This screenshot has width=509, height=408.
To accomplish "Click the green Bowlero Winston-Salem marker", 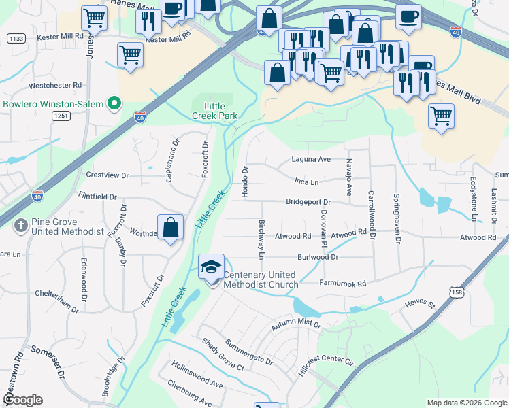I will (x=114, y=104).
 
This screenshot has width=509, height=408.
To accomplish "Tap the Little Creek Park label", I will (x=221, y=111).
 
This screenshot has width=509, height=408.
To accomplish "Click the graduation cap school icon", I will (x=211, y=267).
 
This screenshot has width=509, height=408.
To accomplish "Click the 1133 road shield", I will (x=17, y=39).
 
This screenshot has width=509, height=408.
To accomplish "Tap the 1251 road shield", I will (x=61, y=116).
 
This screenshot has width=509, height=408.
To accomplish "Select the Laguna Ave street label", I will (x=311, y=159).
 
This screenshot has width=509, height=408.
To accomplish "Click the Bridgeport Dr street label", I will (x=308, y=202).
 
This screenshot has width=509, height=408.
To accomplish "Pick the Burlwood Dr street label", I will (x=317, y=258).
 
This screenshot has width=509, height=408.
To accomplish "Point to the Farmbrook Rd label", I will (x=343, y=283).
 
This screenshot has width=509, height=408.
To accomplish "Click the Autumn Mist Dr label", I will (x=295, y=325).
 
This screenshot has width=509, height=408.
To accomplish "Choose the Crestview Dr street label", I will (x=107, y=175).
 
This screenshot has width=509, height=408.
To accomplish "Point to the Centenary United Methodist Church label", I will (x=261, y=279).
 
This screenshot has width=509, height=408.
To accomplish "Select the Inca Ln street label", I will (x=306, y=182).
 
